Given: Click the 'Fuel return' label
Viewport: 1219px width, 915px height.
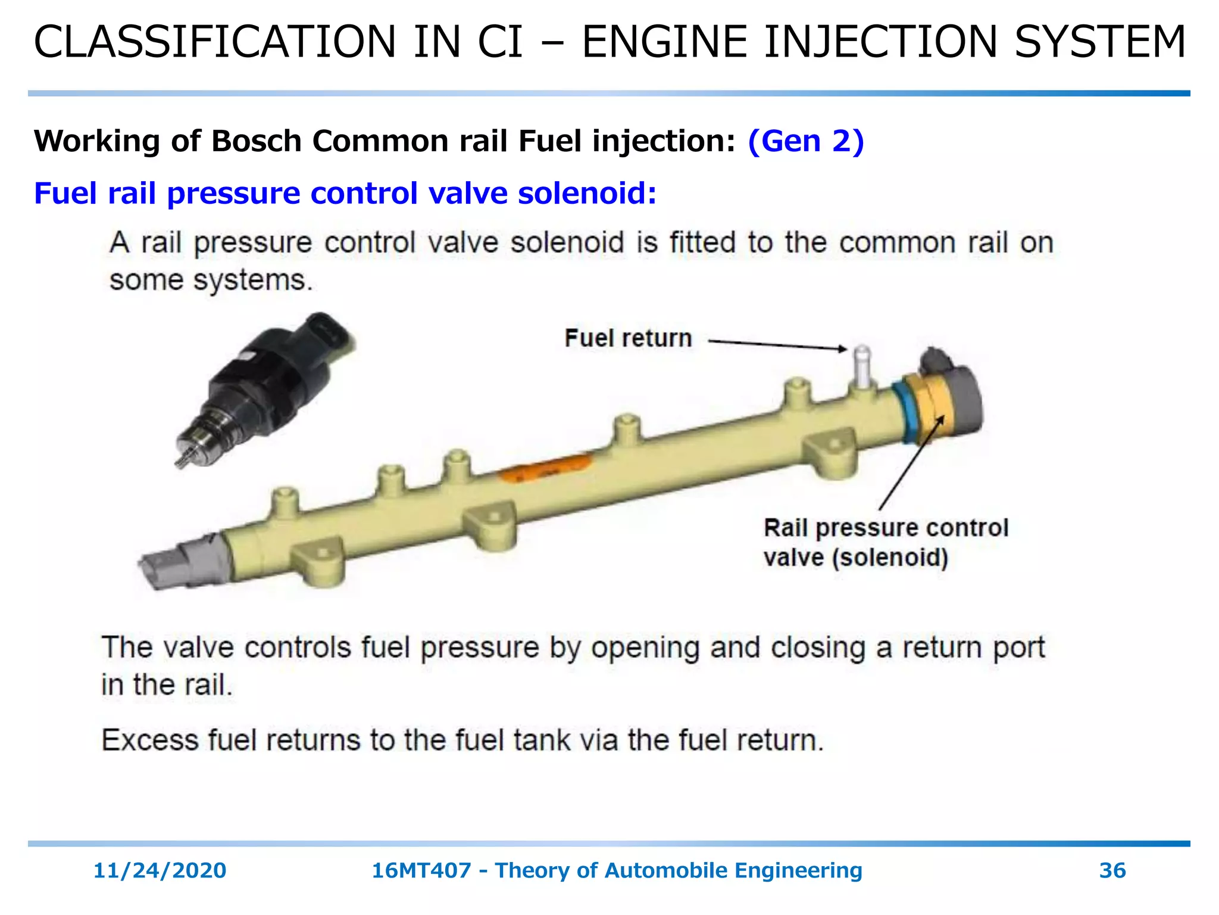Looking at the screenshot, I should (x=628, y=338).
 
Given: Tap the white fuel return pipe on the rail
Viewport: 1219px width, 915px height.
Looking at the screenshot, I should (x=862, y=366).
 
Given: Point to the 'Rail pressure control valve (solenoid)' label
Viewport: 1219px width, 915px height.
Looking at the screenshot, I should (x=886, y=543).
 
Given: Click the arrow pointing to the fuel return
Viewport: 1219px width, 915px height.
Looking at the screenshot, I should (x=777, y=345).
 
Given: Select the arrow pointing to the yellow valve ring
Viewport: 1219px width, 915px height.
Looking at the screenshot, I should (x=911, y=462).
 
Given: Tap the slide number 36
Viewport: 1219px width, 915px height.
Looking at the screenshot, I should (x=1112, y=870).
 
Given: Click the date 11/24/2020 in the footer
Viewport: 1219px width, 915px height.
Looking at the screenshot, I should (x=160, y=870).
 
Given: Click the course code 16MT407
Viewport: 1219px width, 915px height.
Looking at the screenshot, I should (x=421, y=870).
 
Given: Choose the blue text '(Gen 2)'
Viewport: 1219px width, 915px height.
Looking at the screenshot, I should (x=806, y=141).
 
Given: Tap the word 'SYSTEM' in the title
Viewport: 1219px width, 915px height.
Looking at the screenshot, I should (x=1100, y=42).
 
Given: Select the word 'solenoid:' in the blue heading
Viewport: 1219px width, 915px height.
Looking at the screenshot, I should (x=587, y=193).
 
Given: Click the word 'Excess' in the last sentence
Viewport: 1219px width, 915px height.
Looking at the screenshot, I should (x=149, y=740).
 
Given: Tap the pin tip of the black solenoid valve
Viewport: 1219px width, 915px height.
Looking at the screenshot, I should (x=180, y=461).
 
